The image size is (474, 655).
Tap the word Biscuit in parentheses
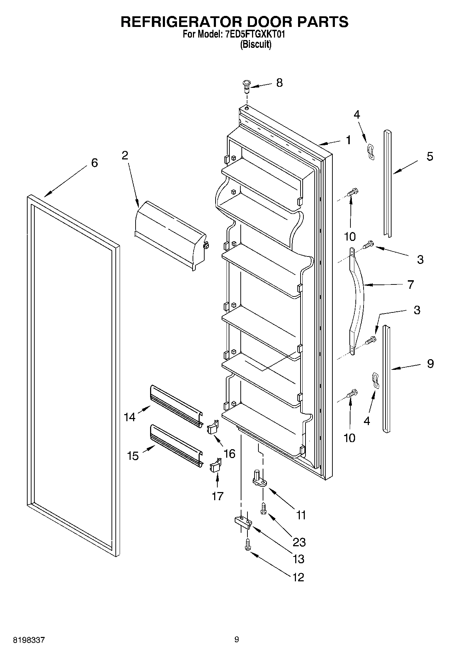[x=256, y=45]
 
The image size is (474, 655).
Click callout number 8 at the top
[x=279, y=83]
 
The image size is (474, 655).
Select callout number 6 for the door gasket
[x=94, y=163]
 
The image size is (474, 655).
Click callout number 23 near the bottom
[x=299, y=542]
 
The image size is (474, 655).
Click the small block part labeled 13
[x=243, y=522]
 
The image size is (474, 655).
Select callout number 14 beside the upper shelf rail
[x=130, y=417]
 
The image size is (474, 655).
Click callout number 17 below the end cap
[x=217, y=496]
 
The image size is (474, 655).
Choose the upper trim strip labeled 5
[x=388, y=184]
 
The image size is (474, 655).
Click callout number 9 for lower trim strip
[x=430, y=364]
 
